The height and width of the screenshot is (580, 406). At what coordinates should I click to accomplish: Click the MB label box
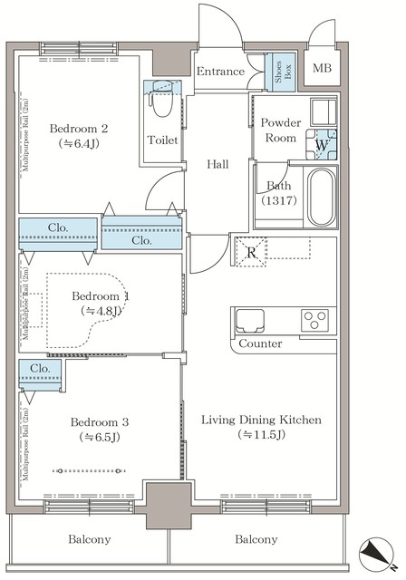click(x=323, y=69)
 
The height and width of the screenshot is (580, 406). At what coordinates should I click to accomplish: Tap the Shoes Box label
click(x=282, y=72)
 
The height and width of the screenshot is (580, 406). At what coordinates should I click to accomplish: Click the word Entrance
click(x=220, y=72)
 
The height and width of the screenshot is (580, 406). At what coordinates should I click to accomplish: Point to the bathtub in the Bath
click(x=323, y=198)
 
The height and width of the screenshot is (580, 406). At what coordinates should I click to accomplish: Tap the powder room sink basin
click(x=323, y=112)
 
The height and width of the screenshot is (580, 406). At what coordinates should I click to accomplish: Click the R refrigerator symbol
click(x=250, y=252)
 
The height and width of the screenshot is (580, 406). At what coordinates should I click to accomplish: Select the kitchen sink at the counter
click(x=251, y=320)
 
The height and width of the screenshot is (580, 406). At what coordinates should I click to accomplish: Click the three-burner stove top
click(x=315, y=320)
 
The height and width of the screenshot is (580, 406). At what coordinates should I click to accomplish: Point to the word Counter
click(x=261, y=344)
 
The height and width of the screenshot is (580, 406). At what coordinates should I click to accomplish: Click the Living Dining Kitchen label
click(x=261, y=427)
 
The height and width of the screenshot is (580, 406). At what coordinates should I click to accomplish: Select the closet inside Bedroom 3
click(x=40, y=374)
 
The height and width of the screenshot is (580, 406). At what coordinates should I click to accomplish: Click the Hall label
click(x=217, y=164)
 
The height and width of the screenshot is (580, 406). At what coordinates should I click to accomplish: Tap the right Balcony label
click(x=256, y=539)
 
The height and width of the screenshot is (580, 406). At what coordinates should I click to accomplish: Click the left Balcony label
click(x=90, y=539)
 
